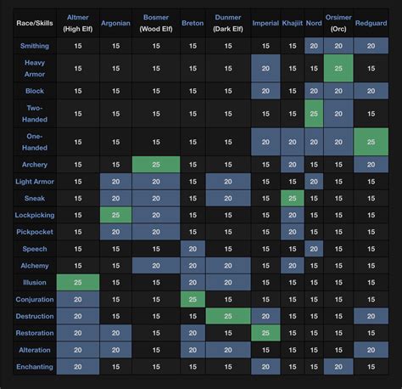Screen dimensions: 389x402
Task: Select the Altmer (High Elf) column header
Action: (x=79, y=23)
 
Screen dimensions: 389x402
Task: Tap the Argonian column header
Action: (x=115, y=23)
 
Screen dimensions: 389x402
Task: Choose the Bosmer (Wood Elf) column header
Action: (x=156, y=23)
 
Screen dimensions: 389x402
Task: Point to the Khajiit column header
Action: (x=293, y=23)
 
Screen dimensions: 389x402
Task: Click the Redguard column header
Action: (x=371, y=23)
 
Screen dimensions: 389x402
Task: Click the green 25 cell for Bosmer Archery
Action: (x=156, y=164)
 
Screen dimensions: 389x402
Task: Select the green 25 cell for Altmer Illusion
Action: (x=79, y=283)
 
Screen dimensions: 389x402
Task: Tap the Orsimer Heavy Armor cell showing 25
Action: (x=338, y=68)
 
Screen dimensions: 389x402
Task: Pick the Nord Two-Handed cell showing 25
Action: (x=314, y=113)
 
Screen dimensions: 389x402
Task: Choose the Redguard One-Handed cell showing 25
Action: (x=371, y=141)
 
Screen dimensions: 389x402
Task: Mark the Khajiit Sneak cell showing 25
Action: (x=293, y=198)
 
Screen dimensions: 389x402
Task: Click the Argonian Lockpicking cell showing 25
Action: (x=115, y=215)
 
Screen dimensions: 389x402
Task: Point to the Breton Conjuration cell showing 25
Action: (x=193, y=299)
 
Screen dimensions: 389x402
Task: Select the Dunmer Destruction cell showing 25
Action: (x=228, y=316)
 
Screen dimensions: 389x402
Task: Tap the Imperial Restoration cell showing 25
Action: (x=265, y=333)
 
